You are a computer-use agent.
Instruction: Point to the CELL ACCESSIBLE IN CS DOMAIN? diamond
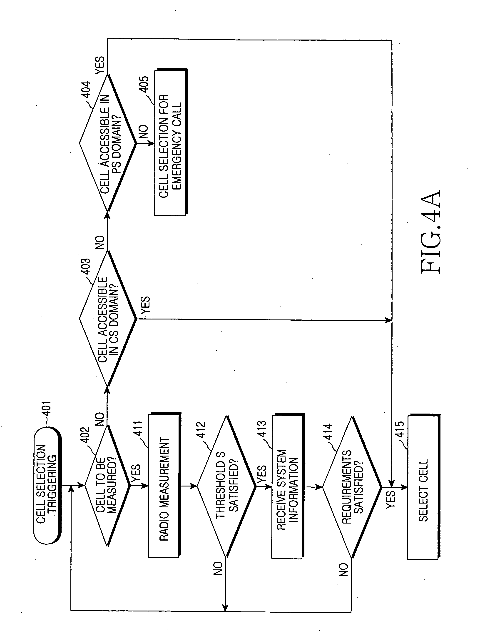point(108,319)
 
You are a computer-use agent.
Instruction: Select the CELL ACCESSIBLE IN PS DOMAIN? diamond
point(108,143)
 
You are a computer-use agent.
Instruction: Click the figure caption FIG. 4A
point(431,232)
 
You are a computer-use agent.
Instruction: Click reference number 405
point(144,84)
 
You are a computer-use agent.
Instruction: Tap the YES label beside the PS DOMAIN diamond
point(100,65)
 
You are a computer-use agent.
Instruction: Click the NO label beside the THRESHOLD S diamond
point(218,568)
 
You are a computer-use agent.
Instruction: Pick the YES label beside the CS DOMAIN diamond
point(145,305)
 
